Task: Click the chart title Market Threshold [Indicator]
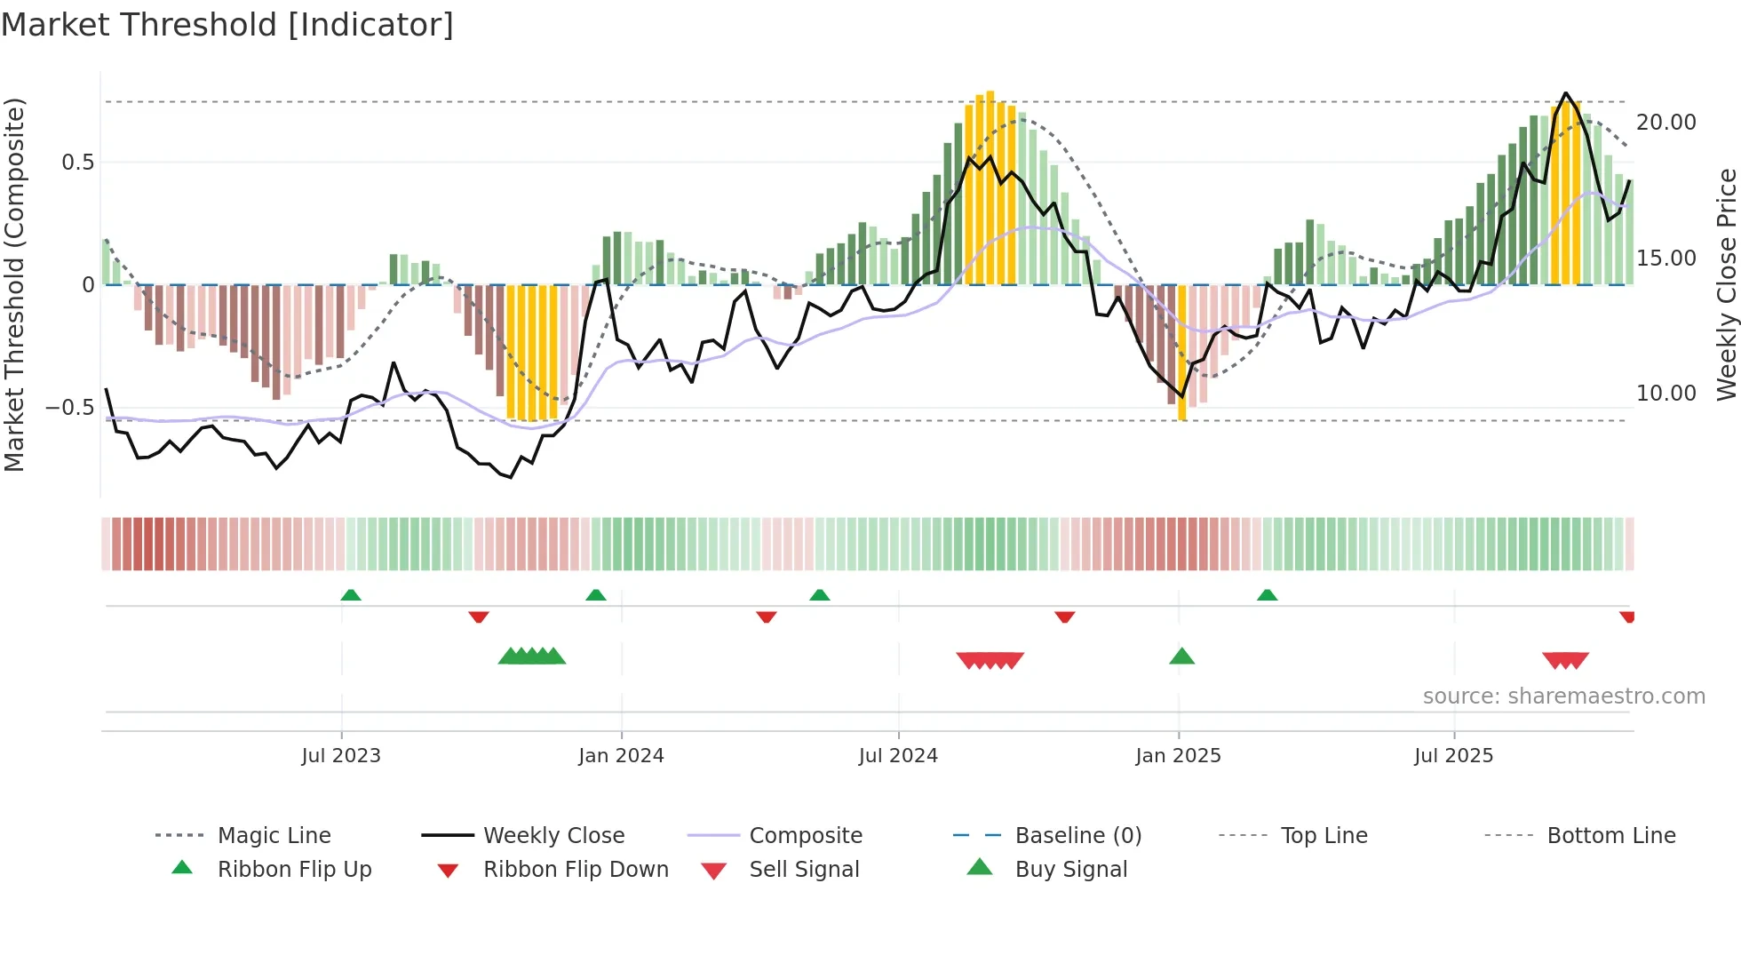[x=227, y=25]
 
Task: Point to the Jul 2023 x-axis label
[x=341, y=756]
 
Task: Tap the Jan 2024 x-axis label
[x=621, y=756]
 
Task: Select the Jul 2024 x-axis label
[x=898, y=756]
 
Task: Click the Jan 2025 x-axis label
[x=1178, y=756]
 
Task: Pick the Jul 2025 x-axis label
[x=1453, y=756]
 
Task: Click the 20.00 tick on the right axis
[x=1665, y=123]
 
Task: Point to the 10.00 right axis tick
[x=1665, y=394]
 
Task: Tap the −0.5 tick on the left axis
[x=69, y=408]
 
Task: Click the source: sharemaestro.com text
[x=1563, y=696]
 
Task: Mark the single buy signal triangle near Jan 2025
[x=1181, y=657]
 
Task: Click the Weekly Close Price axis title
[x=1726, y=284]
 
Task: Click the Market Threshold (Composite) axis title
[x=14, y=284]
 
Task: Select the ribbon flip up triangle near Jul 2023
[x=351, y=595]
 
